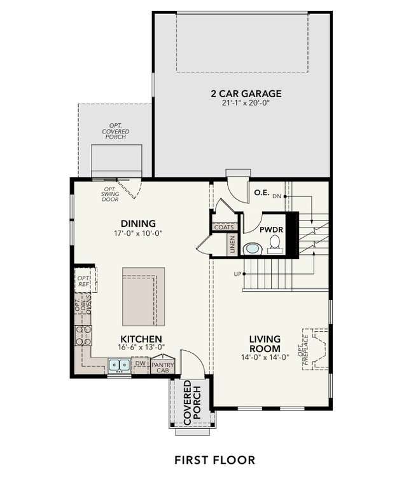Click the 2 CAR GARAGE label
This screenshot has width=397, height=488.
click(x=246, y=94)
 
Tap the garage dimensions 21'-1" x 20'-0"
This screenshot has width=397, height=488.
click(x=246, y=104)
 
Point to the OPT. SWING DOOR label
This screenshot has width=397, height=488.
click(x=110, y=194)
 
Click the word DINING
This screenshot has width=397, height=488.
click(x=138, y=223)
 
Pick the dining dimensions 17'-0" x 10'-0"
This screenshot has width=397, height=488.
click(x=138, y=233)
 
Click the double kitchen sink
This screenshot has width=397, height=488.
click(x=119, y=365)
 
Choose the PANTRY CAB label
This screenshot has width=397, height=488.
click(x=159, y=367)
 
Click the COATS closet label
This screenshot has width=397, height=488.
click(x=224, y=227)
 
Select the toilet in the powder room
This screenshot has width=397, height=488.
click(x=275, y=243)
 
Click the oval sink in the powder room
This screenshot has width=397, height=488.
click(x=253, y=248)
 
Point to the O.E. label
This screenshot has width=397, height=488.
click(x=261, y=193)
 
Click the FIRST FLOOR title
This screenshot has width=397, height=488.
click(x=215, y=459)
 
